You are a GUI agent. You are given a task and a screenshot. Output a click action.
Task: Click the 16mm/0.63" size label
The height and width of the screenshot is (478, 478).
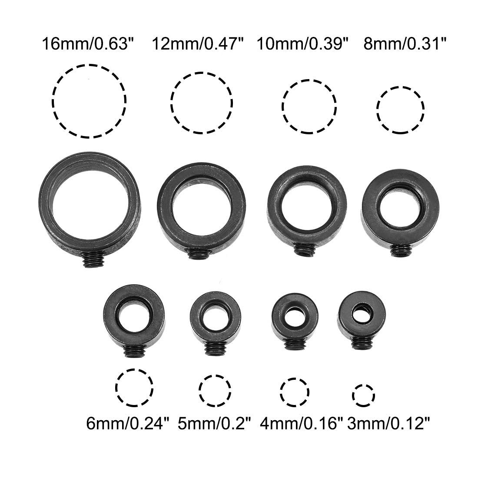click(88, 44)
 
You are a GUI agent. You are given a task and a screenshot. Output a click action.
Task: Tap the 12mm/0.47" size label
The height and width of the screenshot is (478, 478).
click(198, 44)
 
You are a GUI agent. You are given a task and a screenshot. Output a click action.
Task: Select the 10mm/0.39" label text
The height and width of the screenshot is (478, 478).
click(302, 44)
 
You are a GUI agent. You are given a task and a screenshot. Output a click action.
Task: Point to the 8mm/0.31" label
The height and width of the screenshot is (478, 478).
click(405, 44)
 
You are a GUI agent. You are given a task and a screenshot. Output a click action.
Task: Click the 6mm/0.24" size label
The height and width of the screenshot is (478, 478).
click(127, 423)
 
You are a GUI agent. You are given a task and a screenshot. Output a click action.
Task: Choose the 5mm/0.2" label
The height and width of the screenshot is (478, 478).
click(214, 423)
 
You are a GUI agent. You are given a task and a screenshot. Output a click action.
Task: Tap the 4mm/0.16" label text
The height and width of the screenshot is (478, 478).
click(302, 423)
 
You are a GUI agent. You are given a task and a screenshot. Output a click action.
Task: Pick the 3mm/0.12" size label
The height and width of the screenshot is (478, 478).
click(388, 423)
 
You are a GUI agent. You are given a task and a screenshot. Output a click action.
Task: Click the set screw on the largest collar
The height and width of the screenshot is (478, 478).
click(93, 260)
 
